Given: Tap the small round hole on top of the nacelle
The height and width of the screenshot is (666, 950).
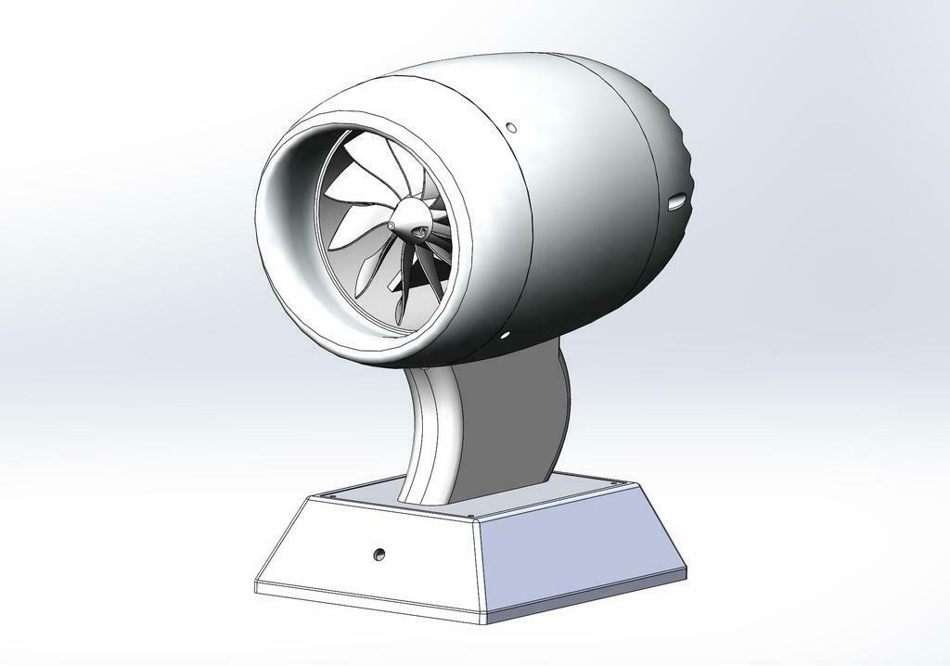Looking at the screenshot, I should (510, 127).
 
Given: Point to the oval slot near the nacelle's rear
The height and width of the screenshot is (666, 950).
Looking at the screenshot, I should (676, 199).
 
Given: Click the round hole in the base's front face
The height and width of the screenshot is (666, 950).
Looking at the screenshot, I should (378, 554).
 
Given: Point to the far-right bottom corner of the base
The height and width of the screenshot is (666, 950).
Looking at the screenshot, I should (686, 567).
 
